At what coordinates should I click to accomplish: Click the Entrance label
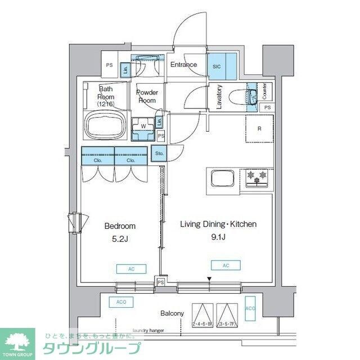coord(184,64)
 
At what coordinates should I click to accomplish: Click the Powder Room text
coord(147,96)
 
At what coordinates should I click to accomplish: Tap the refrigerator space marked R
coord(259,129)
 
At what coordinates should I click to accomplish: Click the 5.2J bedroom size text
coord(120,238)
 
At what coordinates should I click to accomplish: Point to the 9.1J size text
coord(218,237)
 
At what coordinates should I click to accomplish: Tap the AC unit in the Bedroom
coord(131,269)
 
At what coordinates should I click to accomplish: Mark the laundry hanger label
coord(147,331)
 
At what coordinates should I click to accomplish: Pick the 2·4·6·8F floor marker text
coord(202,325)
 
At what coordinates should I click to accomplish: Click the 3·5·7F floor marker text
coord(228,325)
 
